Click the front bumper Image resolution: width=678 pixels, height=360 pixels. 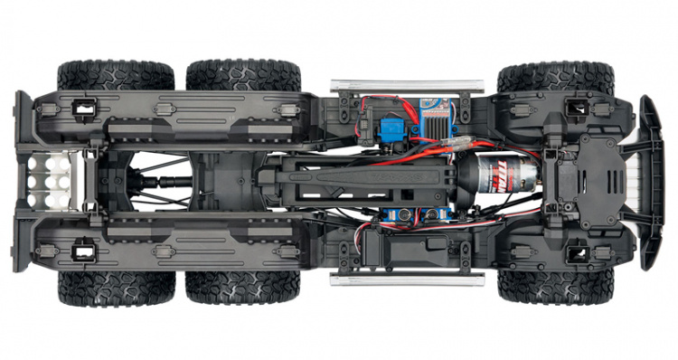(650, 182)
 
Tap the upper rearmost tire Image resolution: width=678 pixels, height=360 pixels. (116, 75)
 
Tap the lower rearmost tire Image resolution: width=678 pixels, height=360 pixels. (116, 289)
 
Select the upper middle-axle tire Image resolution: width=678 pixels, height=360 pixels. (242, 75)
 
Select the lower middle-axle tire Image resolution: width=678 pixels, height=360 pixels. (242, 289)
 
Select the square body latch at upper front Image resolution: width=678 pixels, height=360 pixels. (572, 108)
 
